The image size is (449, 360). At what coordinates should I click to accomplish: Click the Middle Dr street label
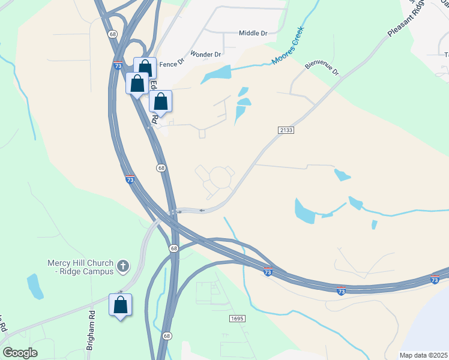tap(253, 34)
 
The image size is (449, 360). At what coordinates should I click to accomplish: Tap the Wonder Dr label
tap(206, 54)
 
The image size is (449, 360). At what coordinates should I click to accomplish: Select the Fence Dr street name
tap(172, 62)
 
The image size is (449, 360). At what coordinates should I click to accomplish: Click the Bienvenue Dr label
tap(322, 66)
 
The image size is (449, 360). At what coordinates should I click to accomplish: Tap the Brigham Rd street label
tap(91, 329)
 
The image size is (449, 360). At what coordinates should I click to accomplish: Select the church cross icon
tap(123, 266)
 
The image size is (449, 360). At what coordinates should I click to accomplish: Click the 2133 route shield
tap(286, 130)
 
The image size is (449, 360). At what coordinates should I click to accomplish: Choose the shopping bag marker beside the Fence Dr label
tap(145, 68)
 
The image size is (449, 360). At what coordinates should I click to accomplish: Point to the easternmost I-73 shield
tap(435, 280)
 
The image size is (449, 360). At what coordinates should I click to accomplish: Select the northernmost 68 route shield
tap(113, 34)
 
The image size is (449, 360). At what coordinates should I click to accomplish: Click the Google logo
tap(20, 352)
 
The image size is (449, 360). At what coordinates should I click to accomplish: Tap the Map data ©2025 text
tap(423, 355)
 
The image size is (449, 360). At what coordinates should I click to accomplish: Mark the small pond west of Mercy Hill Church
tap(35, 287)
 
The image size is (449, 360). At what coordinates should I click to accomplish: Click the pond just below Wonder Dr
tap(216, 75)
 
